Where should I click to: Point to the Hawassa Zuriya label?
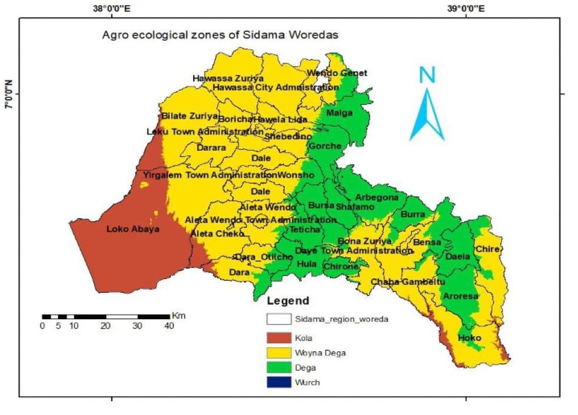(228, 78)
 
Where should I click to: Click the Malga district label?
(338, 113)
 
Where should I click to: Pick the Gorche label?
(325, 146)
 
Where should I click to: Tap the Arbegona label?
(376, 198)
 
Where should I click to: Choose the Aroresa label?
(460, 296)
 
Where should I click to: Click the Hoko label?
(469, 338)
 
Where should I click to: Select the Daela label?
(457, 257)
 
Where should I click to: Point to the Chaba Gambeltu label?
(408, 282)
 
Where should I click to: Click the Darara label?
(211, 148)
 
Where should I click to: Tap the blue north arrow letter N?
(427, 74)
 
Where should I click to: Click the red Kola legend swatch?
(278, 339)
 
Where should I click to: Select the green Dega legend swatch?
(278, 367)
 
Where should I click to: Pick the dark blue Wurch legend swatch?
(278, 382)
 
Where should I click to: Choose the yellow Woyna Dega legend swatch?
(278, 353)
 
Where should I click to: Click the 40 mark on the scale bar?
(169, 326)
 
